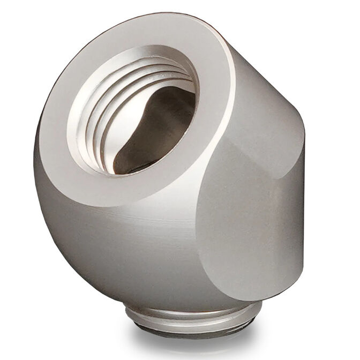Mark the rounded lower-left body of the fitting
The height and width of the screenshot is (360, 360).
coord(86,230)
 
